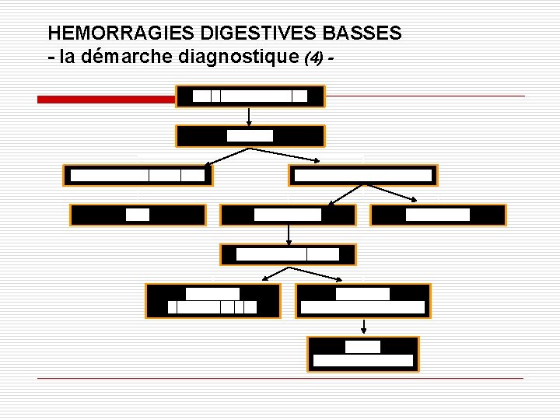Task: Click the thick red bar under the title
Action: (x=107, y=100)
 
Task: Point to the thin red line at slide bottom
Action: (x=280, y=379)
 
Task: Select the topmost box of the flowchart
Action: (x=250, y=96)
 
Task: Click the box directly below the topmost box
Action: (x=250, y=136)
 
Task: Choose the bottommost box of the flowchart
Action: (x=362, y=355)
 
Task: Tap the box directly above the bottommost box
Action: (x=362, y=301)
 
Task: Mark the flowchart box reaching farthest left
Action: (x=138, y=175)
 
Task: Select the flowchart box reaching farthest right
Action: (x=438, y=215)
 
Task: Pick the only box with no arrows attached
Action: (x=138, y=215)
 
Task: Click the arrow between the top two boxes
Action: (x=250, y=116)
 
